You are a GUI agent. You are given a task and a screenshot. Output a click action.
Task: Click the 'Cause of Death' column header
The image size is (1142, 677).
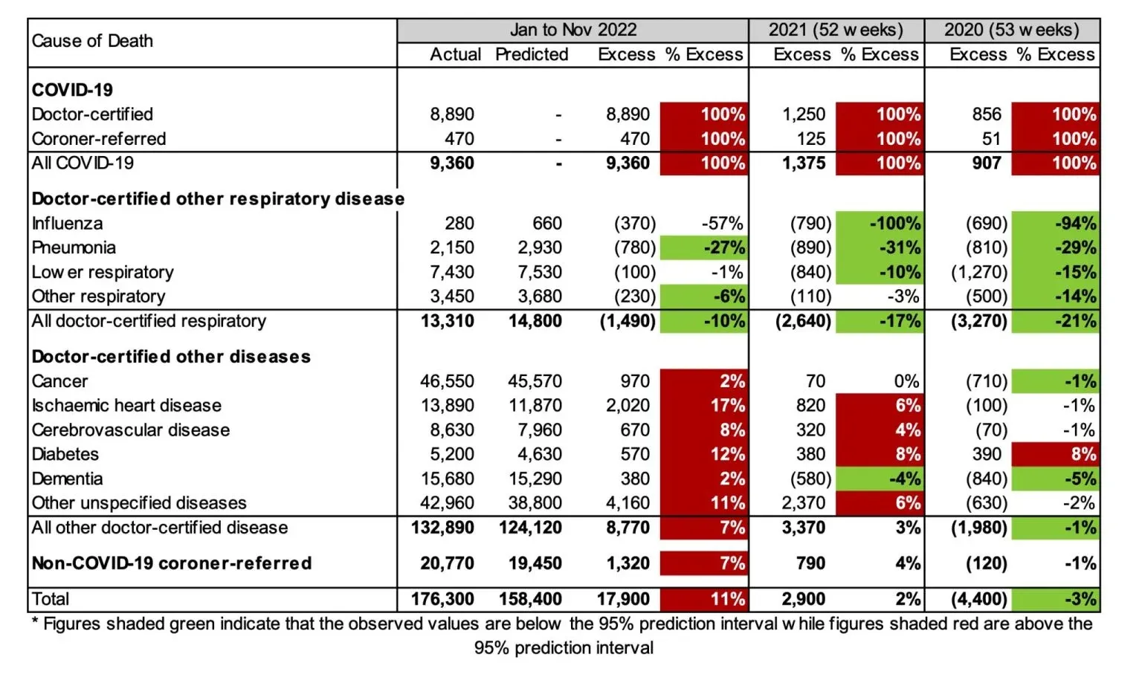tap(92, 41)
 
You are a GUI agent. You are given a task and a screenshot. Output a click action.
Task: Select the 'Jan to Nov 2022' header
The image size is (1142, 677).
tap(572, 30)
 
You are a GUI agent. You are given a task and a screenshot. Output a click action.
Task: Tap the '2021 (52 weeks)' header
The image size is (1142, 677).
tap(836, 30)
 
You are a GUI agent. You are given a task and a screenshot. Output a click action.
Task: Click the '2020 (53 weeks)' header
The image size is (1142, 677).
tap(1011, 30)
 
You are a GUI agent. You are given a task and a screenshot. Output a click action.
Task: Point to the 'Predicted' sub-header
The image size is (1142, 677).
tap(532, 54)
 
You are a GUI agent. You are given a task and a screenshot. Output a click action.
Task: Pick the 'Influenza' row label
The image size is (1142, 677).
tap(67, 223)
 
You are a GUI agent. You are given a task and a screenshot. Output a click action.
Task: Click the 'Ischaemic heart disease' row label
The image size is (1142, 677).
tap(126, 405)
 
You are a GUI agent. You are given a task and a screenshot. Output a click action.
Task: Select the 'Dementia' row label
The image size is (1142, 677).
tap(67, 479)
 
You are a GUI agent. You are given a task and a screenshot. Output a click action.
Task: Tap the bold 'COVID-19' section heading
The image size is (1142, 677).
tap(72, 90)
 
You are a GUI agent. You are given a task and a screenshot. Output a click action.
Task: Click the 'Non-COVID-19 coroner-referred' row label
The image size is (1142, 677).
tap(172, 563)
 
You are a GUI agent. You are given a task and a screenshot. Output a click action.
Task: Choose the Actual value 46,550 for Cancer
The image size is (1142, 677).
tap(447, 381)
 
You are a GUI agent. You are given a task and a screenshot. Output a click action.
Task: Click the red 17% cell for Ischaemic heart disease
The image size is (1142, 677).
tap(703, 405)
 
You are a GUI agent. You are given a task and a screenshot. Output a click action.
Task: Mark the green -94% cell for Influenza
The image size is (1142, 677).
tap(1055, 223)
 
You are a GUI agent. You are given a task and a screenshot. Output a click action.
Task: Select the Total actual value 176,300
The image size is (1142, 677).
tap(442, 599)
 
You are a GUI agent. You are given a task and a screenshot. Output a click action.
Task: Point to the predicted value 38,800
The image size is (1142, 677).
tap(535, 503)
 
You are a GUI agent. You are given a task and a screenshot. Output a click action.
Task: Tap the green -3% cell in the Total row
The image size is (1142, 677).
tap(1055, 599)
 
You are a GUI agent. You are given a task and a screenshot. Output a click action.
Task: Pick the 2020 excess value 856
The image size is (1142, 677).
tap(986, 114)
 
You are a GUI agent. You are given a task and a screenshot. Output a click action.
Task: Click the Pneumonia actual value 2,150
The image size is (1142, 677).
tap(451, 247)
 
